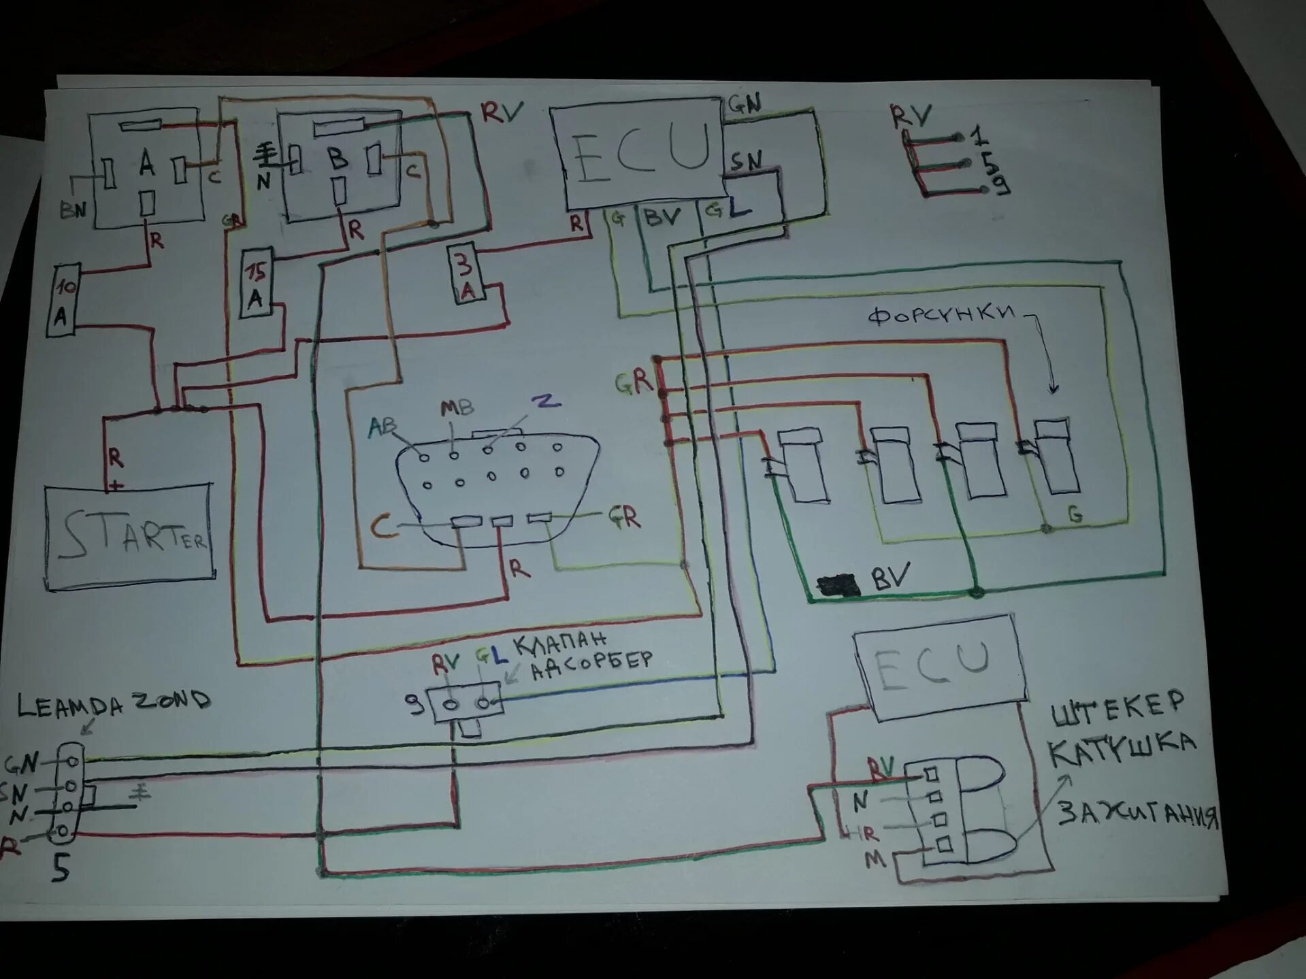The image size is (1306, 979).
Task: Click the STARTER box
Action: pyautogui.click(x=129, y=534)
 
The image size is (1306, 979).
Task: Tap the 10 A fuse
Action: pyautogui.click(x=63, y=301)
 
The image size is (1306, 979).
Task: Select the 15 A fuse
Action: pyautogui.click(x=256, y=282)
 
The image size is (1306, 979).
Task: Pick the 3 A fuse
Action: pyautogui.click(x=466, y=273)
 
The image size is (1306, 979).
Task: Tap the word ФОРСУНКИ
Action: pyautogui.click(x=942, y=314)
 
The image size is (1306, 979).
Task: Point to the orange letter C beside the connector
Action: pyautogui.click(x=384, y=527)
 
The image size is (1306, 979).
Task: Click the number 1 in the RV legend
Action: pyautogui.click(x=979, y=135)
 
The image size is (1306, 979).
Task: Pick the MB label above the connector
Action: pyautogui.click(x=457, y=408)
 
